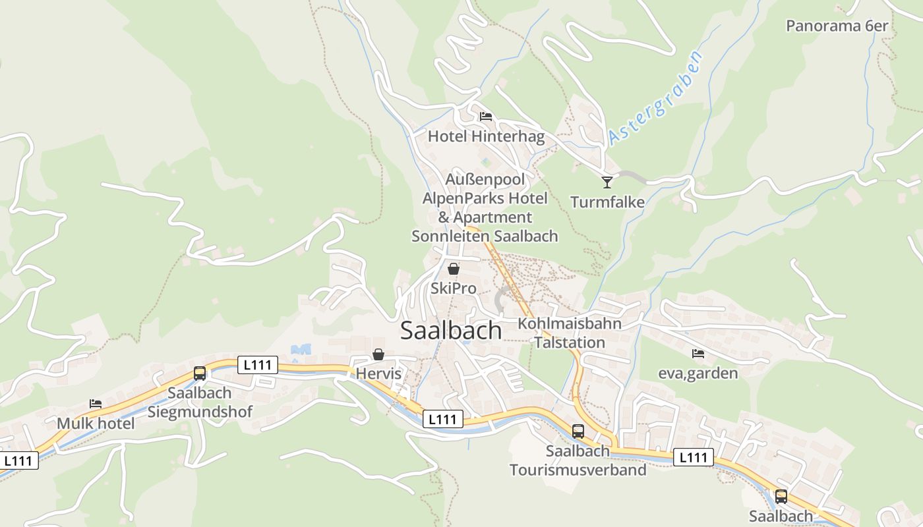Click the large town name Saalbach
[451, 331]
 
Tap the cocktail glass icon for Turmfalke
[607, 182]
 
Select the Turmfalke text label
[607, 202]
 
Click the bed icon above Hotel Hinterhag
[486, 117]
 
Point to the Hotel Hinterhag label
[487, 136]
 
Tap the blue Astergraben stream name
[656, 97]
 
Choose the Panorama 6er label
[837, 26]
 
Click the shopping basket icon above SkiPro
[454, 269]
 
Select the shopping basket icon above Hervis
[378, 354]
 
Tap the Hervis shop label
[378, 374]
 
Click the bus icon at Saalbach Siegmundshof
[200, 374]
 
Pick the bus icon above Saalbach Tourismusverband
[578, 431]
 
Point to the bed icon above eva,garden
[698, 354]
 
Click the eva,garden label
[698, 374]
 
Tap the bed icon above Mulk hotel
[96, 404]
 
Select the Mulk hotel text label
[96, 423]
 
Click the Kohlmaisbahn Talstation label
[570, 333]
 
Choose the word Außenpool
[485, 179]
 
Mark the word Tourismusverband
[578, 470]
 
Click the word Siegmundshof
[200, 412]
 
